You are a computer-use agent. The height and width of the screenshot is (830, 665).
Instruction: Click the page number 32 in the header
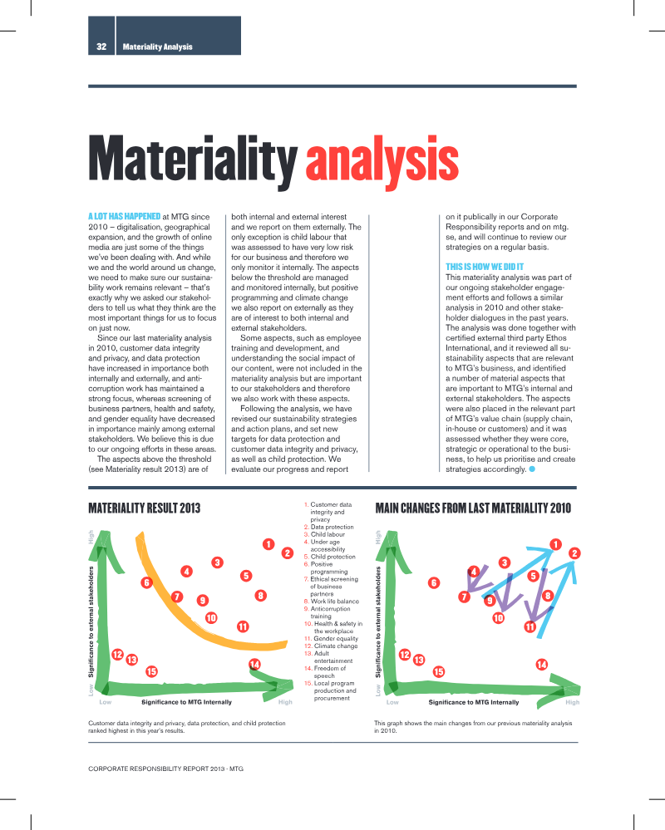(x=101, y=47)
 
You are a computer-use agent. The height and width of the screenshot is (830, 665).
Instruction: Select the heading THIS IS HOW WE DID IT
(x=485, y=267)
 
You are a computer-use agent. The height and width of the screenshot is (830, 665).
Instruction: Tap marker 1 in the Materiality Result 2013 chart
(x=268, y=544)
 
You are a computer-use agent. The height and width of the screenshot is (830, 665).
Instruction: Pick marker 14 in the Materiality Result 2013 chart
(x=254, y=665)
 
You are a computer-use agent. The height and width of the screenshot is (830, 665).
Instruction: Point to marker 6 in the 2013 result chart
(x=146, y=582)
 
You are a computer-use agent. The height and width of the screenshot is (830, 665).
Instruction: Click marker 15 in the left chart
(x=151, y=672)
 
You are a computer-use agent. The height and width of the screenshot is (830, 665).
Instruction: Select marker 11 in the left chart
(x=243, y=626)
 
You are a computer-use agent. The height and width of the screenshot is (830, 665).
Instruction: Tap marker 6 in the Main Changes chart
(x=434, y=582)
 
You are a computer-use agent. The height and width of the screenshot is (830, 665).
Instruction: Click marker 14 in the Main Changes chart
(x=542, y=665)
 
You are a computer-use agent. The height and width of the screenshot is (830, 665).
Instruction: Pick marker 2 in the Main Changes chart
(x=574, y=553)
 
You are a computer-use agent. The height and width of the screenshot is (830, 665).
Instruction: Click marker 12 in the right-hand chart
(x=405, y=655)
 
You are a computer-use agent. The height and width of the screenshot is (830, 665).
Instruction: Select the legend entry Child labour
(x=324, y=534)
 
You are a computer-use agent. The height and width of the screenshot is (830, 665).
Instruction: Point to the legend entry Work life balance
(x=332, y=602)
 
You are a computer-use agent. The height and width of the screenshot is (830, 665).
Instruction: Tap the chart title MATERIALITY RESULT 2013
(x=145, y=508)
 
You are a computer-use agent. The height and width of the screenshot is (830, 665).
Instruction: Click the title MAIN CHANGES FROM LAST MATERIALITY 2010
(x=473, y=508)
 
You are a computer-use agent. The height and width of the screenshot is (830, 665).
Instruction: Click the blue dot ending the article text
(x=532, y=469)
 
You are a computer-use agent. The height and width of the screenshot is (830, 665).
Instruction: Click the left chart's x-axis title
(x=186, y=702)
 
